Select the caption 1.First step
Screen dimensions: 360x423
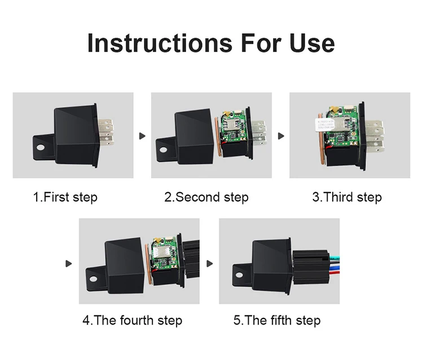(x=65, y=198)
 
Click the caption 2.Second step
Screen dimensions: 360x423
(x=206, y=198)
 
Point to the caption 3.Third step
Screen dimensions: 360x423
(x=347, y=198)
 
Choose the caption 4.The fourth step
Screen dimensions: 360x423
(x=133, y=321)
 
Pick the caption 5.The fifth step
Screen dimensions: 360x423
(x=277, y=321)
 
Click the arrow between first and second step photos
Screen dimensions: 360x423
(x=142, y=136)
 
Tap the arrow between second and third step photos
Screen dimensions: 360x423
(x=281, y=136)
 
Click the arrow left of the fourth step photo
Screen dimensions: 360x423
(x=69, y=263)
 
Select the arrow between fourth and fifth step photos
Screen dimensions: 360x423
(x=210, y=263)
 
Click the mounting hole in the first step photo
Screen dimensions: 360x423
(x=41, y=148)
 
